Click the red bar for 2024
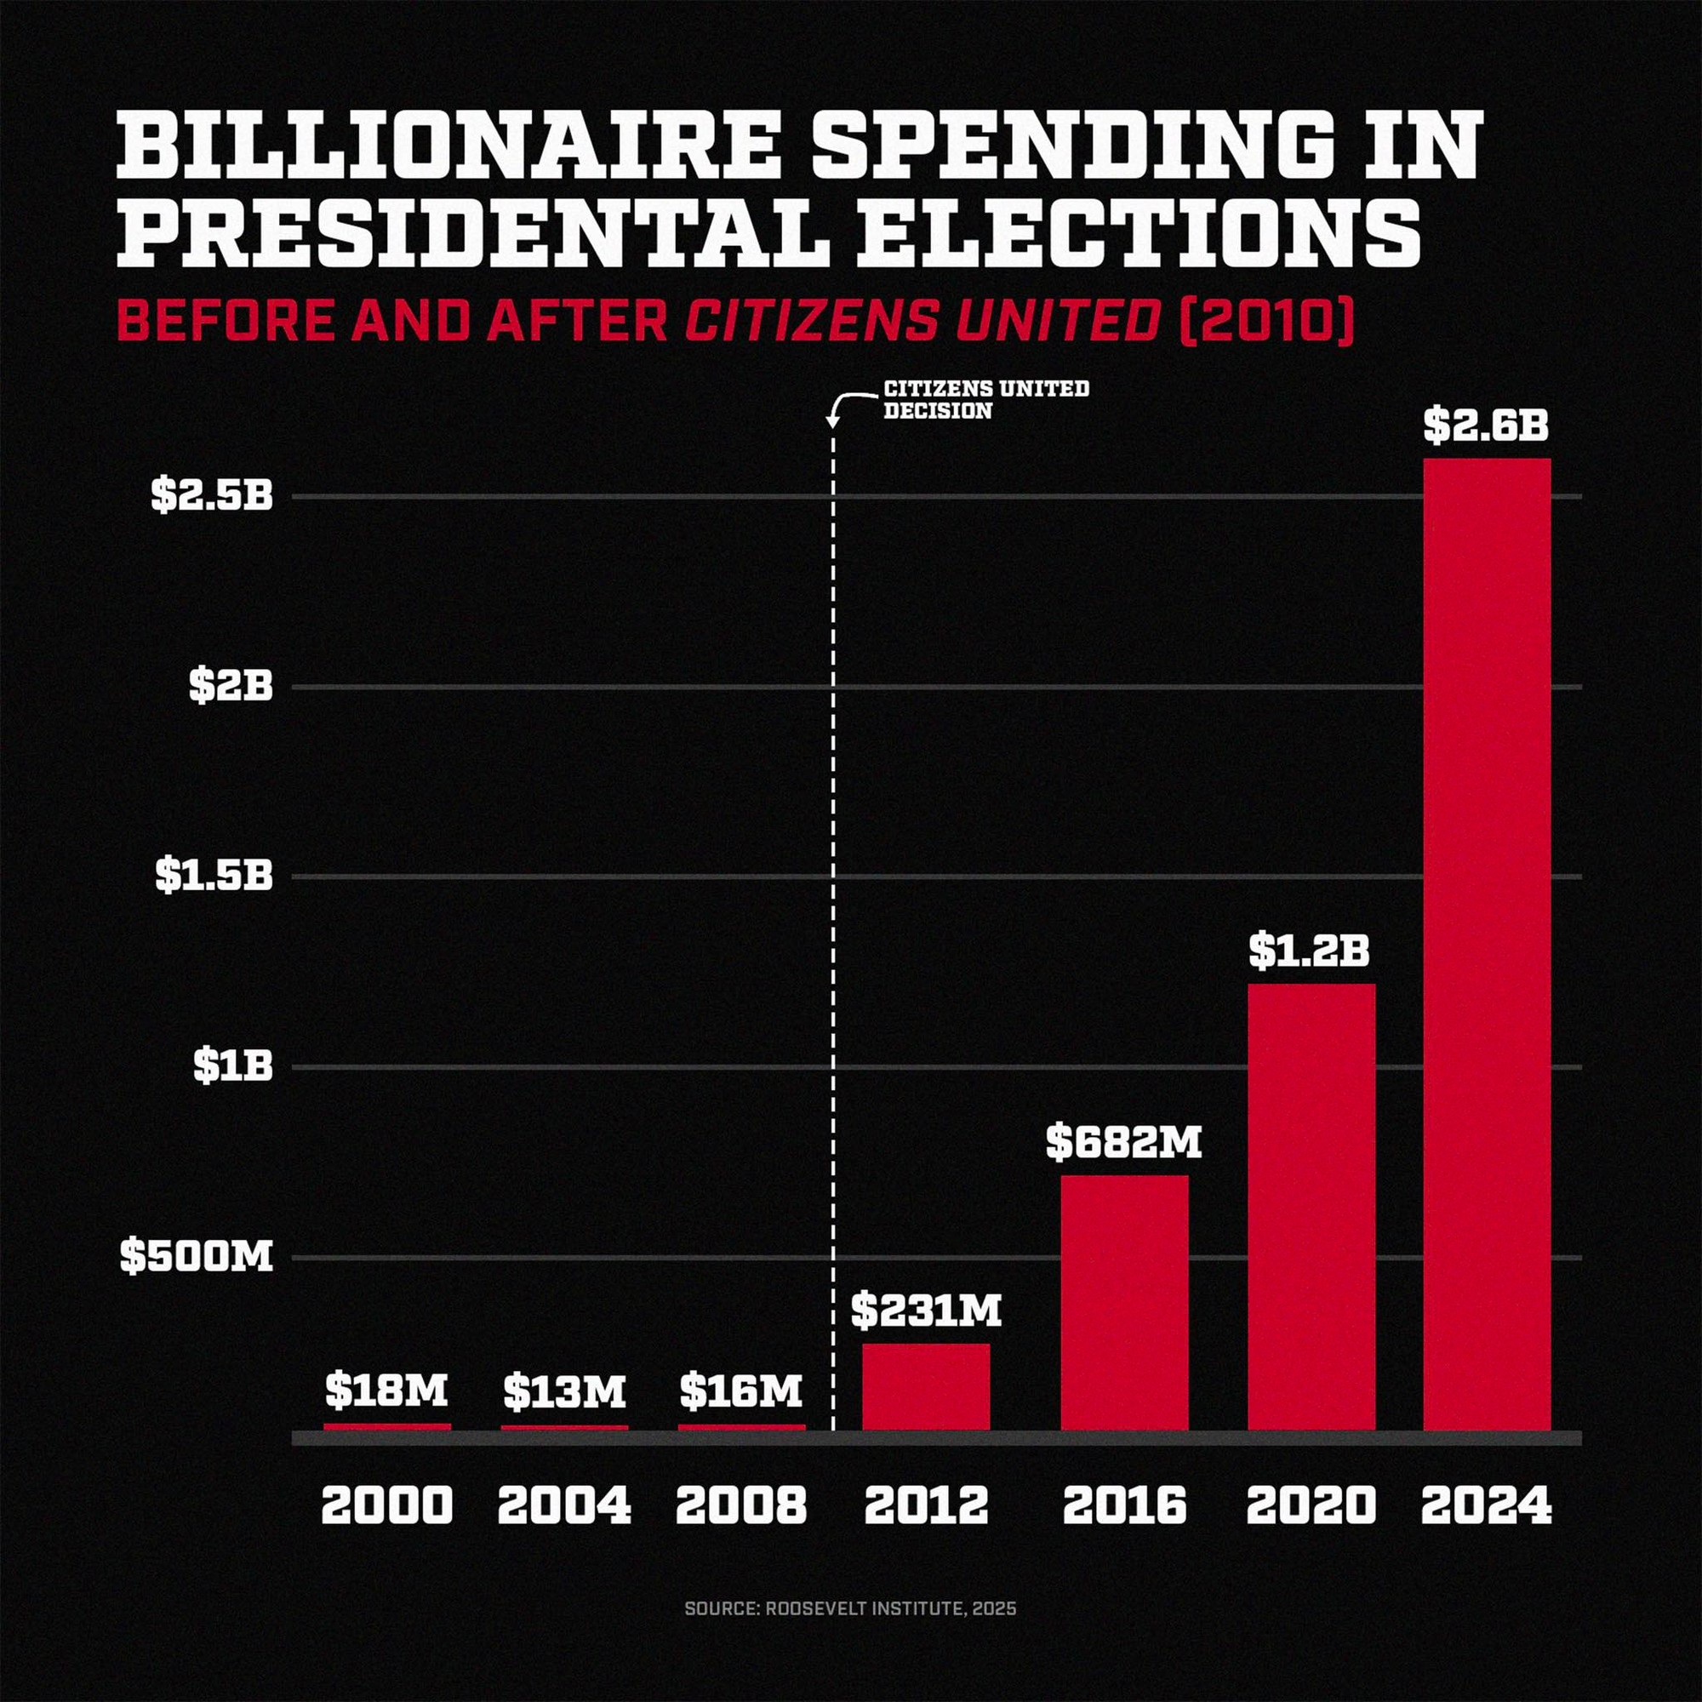1487,943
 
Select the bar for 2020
1311,1207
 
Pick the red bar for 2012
926,1386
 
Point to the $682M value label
1124,1142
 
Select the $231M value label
926,1311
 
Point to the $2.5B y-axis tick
212,495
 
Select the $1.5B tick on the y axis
215,876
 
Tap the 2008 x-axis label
741,1505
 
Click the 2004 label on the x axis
565,1505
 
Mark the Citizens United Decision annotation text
985,399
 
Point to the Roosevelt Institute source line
850,1608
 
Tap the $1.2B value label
1309,951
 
